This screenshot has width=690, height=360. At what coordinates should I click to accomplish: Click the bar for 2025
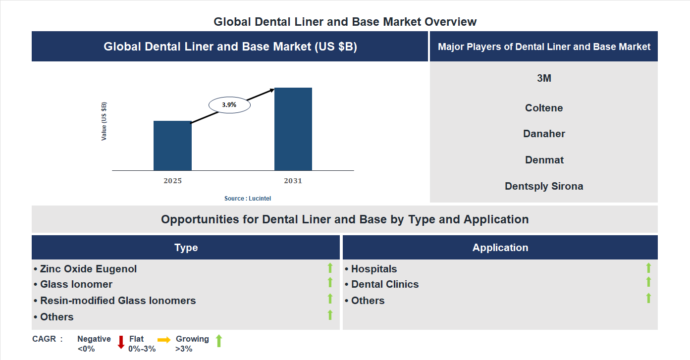(x=172, y=146)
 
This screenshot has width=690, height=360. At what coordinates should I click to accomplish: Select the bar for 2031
(x=293, y=129)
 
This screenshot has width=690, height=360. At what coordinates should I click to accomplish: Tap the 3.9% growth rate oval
(x=229, y=105)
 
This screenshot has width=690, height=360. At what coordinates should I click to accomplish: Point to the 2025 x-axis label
(x=172, y=181)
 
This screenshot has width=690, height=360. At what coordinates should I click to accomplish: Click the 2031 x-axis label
(x=293, y=181)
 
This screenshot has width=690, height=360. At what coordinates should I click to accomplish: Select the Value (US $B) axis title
(x=104, y=121)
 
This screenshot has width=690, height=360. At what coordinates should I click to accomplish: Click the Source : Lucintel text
(x=248, y=199)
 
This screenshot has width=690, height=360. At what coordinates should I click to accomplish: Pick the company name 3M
(x=544, y=78)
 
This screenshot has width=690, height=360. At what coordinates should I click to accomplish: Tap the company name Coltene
(x=544, y=108)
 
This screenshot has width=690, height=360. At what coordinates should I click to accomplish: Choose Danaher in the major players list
(x=544, y=134)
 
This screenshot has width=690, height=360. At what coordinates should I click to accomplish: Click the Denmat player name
(x=544, y=160)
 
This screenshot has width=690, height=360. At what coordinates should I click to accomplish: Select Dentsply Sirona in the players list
(x=544, y=186)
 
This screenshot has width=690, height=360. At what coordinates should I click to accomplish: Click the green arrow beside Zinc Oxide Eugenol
(x=330, y=268)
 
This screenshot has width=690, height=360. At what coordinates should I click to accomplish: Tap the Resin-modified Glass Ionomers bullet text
(x=118, y=301)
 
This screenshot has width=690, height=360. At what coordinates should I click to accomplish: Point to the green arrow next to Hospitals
(x=648, y=268)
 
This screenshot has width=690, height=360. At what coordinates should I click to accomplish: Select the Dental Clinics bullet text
(x=385, y=284)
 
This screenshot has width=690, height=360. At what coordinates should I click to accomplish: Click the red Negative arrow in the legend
(x=121, y=342)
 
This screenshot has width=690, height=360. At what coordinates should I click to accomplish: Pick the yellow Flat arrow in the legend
(x=164, y=340)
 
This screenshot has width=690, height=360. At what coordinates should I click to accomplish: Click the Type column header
(x=186, y=248)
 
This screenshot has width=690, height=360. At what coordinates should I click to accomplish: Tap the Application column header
(x=500, y=248)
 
